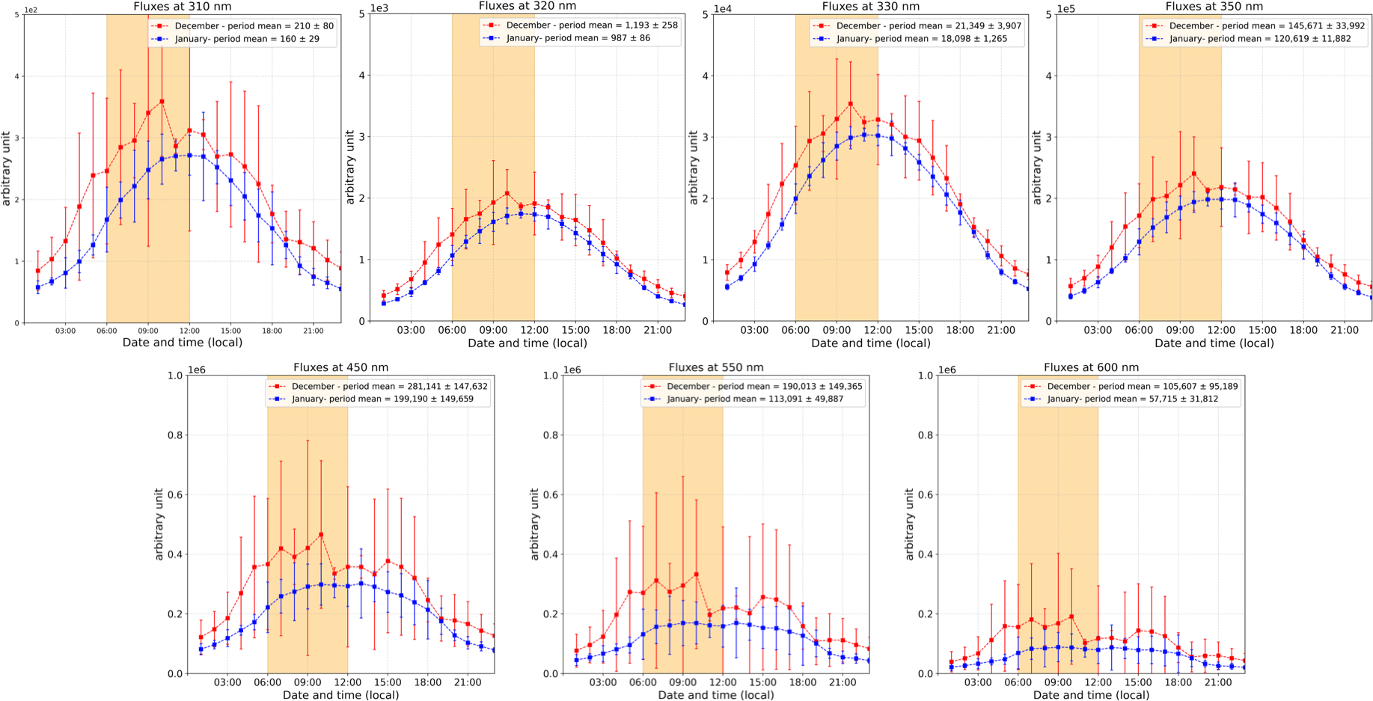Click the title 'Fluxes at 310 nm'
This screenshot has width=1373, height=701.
[x=183, y=7]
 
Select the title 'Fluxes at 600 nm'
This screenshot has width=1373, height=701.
[x=1091, y=367]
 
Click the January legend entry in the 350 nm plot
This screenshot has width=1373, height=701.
[x=1260, y=38]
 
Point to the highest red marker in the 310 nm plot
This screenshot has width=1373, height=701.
[x=162, y=102]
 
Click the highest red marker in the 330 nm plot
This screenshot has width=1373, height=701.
[x=851, y=104]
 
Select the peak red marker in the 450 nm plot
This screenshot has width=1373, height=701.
[x=321, y=535]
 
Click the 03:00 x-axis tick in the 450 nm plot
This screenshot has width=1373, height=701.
[x=227, y=682]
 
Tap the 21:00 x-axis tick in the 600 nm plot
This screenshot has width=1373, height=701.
[x=1218, y=682]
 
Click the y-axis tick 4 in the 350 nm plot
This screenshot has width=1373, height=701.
[x=1048, y=76]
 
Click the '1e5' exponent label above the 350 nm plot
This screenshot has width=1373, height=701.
[x=1065, y=9]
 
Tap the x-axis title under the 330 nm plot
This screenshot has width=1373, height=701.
[x=871, y=343]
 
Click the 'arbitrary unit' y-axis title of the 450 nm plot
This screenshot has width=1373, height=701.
[x=159, y=524]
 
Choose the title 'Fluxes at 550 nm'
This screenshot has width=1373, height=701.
[x=716, y=367]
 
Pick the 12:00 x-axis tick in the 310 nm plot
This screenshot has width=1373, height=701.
[x=189, y=331]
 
